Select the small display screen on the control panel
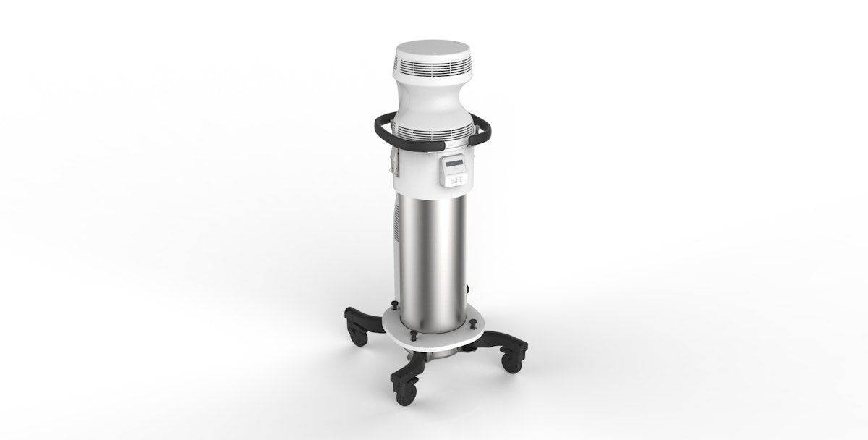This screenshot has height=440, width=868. [x=454, y=164]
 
